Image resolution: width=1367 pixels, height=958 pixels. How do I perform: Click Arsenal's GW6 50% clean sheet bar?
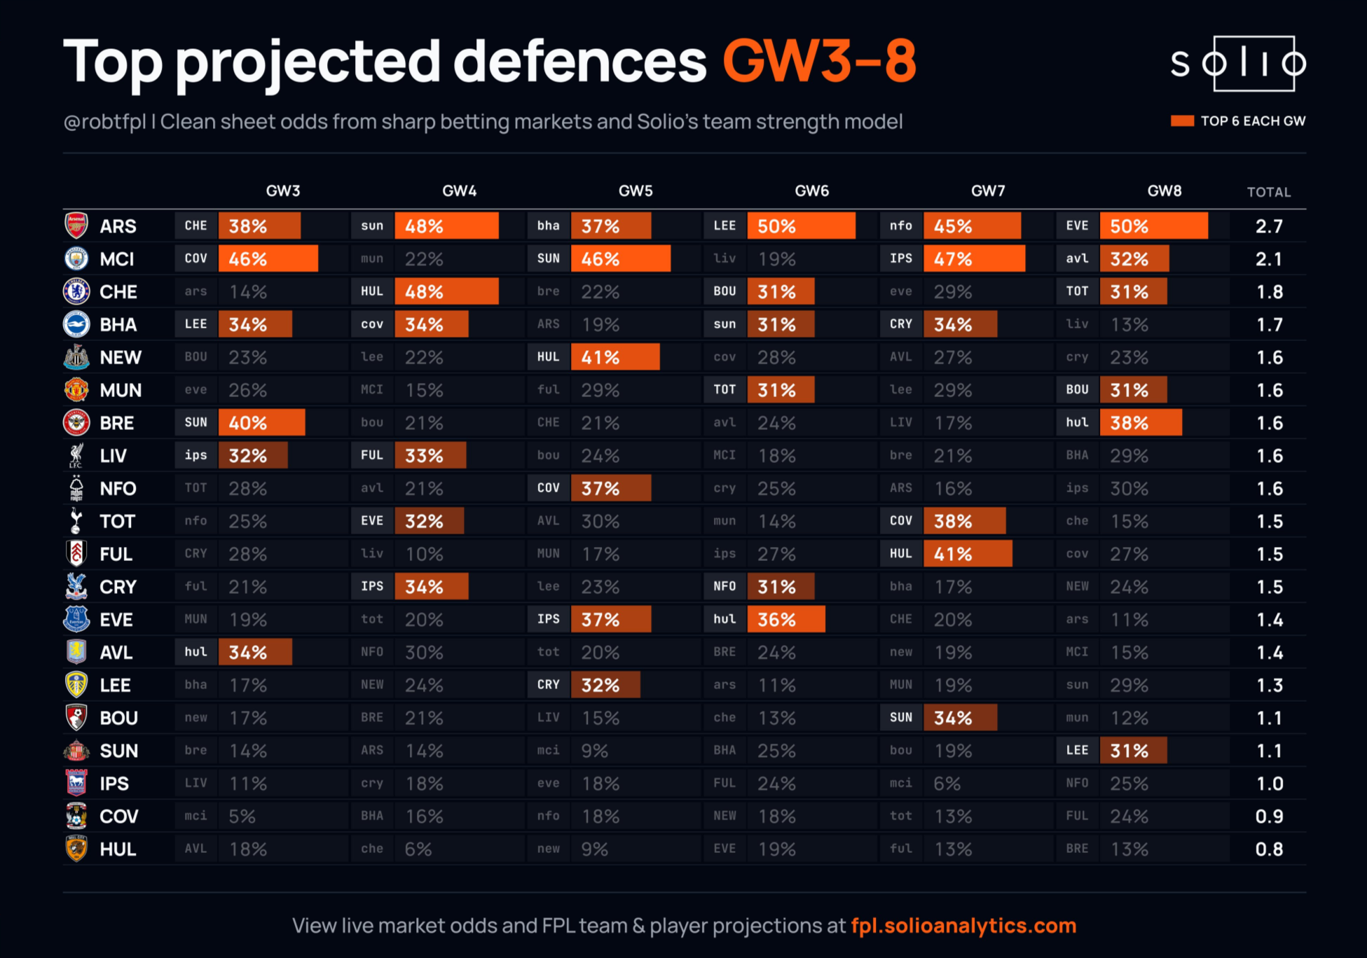click(801, 226)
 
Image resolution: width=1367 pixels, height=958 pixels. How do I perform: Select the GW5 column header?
click(636, 191)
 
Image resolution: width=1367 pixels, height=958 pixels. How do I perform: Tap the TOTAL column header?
click(1269, 192)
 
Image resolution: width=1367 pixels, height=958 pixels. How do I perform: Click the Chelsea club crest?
click(76, 291)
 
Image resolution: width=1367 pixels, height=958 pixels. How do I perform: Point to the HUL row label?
click(118, 849)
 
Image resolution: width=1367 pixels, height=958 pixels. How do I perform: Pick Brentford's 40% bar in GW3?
click(261, 423)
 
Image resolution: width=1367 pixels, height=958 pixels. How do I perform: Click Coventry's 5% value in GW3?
click(242, 817)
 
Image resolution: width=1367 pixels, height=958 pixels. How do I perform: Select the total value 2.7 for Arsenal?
click(1269, 226)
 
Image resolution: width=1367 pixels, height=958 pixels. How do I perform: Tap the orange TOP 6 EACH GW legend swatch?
click(1182, 121)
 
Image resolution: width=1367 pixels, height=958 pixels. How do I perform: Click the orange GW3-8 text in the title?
click(819, 62)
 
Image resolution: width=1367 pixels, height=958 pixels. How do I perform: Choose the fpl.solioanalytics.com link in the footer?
click(963, 926)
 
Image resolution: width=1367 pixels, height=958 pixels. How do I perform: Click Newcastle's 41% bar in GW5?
click(615, 357)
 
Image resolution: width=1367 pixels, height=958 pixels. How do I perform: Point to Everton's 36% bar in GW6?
click(786, 620)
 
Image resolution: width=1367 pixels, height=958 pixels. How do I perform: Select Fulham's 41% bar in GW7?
click(968, 554)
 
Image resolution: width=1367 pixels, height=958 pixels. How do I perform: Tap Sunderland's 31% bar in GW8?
click(1133, 751)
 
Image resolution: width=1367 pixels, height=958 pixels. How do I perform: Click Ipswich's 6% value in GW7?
click(947, 784)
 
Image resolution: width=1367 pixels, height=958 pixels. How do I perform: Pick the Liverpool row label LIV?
click(113, 456)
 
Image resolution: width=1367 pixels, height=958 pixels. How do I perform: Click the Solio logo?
click(1238, 64)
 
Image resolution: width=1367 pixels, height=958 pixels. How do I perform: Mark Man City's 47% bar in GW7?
click(974, 258)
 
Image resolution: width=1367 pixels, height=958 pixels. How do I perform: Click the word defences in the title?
click(580, 62)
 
